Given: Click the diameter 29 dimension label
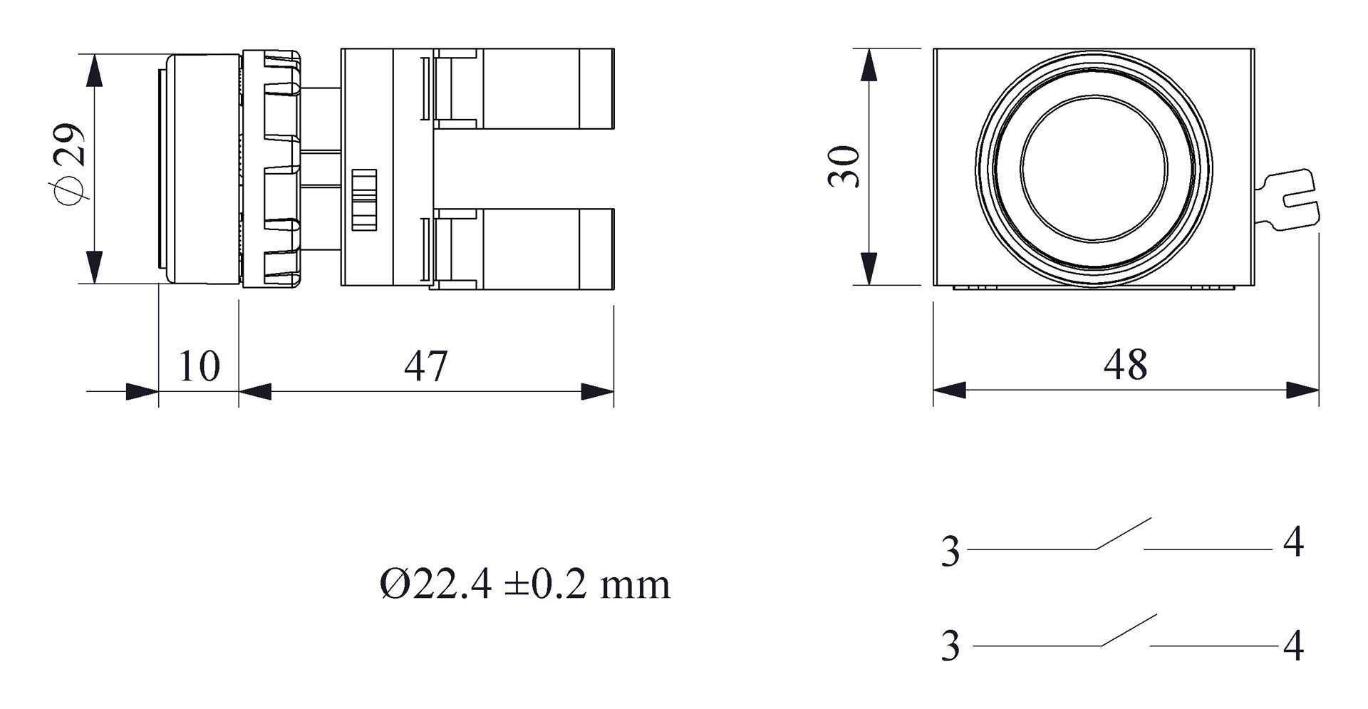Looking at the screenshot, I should (x=69, y=165).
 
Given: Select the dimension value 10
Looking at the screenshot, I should (x=199, y=366).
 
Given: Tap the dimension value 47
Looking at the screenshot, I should (x=426, y=366).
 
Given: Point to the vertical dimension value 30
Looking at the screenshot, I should (x=844, y=166).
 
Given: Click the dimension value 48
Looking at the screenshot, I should (x=1126, y=365).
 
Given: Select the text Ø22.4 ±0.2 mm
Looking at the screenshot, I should (x=525, y=585).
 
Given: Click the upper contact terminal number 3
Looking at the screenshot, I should (x=950, y=552).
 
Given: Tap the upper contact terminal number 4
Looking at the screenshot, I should (x=1293, y=543).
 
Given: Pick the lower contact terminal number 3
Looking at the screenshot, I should (x=950, y=646).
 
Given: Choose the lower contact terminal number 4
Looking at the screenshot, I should (x=1293, y=646).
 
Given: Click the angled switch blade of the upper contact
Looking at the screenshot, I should (x=1124, y=533).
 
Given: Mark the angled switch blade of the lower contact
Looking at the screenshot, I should (x=1129, y=630).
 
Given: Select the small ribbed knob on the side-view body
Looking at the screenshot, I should (x=364, y=199).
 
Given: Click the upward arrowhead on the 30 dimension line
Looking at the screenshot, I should (x=868, y=64).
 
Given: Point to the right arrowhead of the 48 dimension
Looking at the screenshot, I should (x=1304, y=390).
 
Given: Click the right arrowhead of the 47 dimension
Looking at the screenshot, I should (x=598, y=391).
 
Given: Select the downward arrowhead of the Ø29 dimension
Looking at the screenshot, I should (x=94, y=268).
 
